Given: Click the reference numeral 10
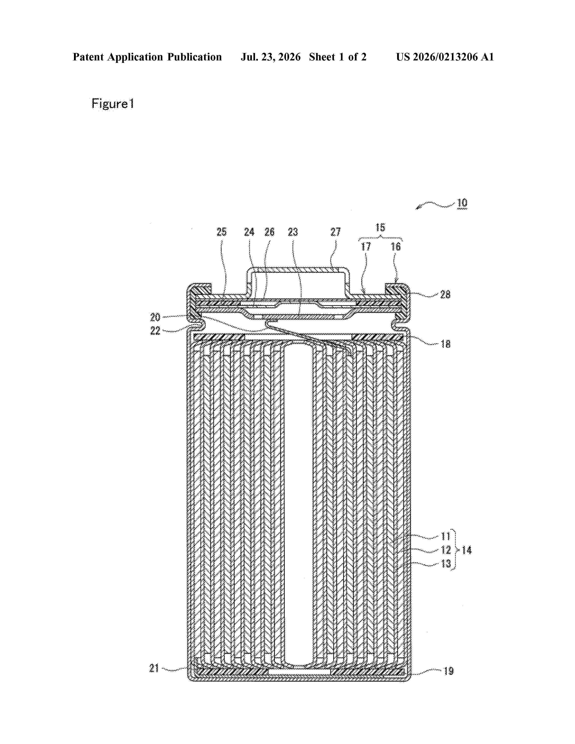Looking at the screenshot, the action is click(462, 203).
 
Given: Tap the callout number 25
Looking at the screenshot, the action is click(221, 232).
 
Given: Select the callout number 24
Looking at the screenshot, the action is click(249, 232).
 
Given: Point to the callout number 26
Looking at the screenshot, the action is click(269, 232).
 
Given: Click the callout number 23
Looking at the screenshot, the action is click(293, 232).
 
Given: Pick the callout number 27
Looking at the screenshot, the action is click(336, 232).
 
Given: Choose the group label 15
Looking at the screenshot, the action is click(380, 227).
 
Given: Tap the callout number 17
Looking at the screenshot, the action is click(366, 246).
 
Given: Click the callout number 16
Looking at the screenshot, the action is click(396, 246).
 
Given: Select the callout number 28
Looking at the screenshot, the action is click(445, 294).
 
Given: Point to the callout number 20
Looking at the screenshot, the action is click(155, 317).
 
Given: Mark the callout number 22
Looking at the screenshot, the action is click(155, 331).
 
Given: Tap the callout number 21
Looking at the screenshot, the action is click(154, 668).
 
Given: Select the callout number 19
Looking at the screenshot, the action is click(449, 671).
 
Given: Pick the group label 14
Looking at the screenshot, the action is click(466, 550).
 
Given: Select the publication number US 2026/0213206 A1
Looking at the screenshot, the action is click(445, 57).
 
